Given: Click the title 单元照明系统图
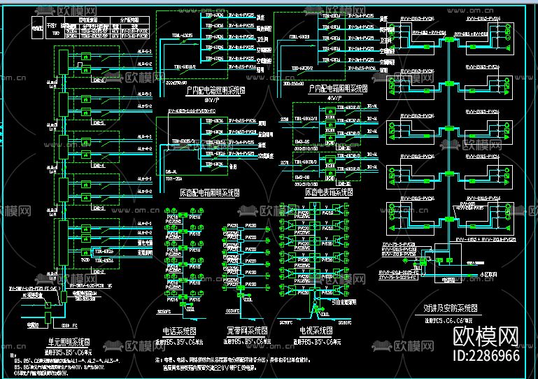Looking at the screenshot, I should tap(69, 341).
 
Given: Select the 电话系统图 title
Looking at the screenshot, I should tap(178, 330).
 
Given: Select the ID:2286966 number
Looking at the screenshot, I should tap(487, 356).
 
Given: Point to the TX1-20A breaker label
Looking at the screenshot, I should tap(175, 179).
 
